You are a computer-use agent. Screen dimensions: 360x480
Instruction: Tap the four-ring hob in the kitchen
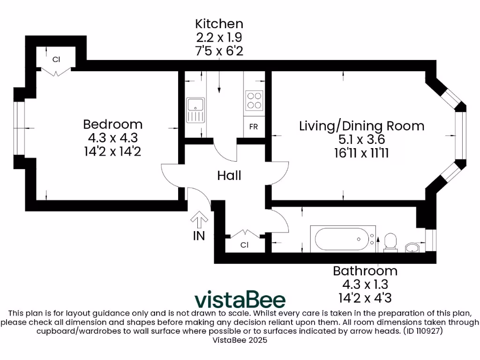[254, 99]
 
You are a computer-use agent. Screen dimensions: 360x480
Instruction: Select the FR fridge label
[253, 127]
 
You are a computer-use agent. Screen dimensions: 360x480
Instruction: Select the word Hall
[229, 176]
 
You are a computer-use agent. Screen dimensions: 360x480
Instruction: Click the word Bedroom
[112, 124]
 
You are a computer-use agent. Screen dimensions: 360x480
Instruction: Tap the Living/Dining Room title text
[361, 126]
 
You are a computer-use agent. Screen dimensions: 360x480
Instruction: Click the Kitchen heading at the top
[219, 23]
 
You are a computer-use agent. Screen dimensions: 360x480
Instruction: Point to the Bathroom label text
[365, 271]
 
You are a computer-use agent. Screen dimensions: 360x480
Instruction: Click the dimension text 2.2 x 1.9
[219, 37]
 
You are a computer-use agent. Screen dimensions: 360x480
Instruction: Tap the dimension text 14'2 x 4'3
[365, 298]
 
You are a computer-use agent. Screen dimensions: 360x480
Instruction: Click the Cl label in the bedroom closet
[56, 60]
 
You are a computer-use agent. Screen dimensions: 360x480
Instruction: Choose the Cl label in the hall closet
[244, 245]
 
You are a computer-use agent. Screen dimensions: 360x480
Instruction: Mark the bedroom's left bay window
[19, 127]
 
